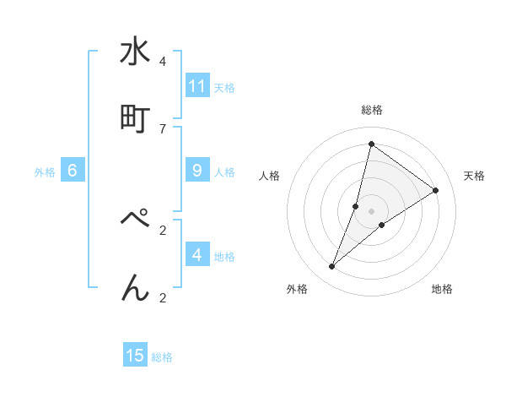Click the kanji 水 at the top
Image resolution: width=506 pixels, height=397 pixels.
(135, 52)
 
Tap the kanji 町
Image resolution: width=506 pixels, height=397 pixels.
(135, 118)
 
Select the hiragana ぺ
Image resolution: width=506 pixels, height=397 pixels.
(135, 220)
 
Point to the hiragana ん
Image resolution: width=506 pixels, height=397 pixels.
(135, 287)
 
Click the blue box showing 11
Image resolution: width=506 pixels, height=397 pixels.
(197, 86)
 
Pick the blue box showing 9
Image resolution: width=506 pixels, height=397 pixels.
(197, 171)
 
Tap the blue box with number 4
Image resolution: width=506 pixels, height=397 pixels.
(197, 255)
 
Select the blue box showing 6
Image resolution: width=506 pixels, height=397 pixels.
(73, 171)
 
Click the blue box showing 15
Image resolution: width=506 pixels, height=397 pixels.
(135, 356)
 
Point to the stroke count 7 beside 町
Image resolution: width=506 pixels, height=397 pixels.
(162, 128)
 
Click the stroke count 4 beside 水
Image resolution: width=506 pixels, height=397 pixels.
(162, 62)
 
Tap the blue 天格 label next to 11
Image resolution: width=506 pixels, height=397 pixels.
(224, 87)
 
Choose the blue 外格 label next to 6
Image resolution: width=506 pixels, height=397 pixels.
(45, 171)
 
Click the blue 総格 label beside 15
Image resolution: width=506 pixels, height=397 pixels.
(162, 356)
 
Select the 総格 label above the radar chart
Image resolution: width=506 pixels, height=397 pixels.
(371, 111)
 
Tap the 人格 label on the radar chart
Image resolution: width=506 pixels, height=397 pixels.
(269, 176)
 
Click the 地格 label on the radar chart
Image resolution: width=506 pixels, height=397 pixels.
(442, 289)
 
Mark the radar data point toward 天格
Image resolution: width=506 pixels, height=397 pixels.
(436, 190)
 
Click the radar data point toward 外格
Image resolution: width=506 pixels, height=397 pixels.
(332, 267)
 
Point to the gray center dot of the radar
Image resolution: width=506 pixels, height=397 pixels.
(371, 210)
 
